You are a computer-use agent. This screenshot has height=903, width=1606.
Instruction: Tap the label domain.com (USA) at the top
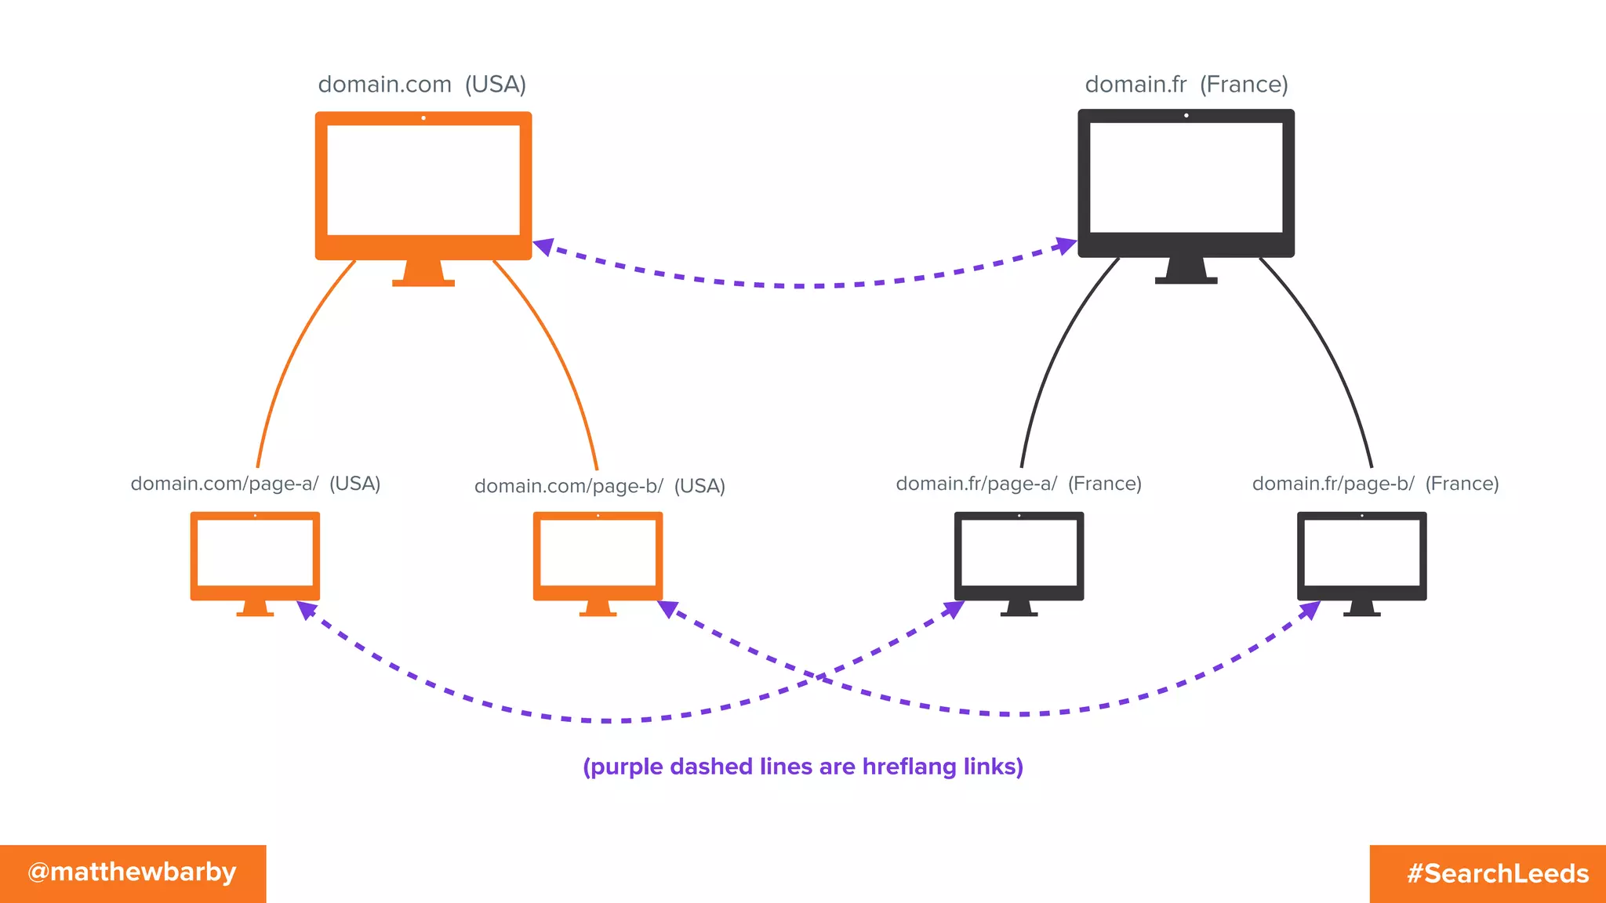click(x=422, y=85)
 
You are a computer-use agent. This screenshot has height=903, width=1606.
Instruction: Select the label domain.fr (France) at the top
click(x=1186, y=85)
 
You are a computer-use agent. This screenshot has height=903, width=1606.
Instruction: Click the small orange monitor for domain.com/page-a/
click(x=255, y=556)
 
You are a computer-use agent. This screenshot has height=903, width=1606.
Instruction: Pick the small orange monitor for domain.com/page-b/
click(x=598, y=556)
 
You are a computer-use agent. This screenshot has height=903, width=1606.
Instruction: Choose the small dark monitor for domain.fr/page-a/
click(x=1019, y=556)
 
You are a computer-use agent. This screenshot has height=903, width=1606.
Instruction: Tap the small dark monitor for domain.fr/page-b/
click(x=1361, y=556)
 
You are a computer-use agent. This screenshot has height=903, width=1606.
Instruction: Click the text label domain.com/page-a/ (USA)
click(x=255, y=484)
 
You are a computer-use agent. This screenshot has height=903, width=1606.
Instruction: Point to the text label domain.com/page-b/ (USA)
click(x=599, y=486)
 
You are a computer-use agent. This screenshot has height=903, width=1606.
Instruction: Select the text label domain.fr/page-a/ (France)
click(x=1018, y=484)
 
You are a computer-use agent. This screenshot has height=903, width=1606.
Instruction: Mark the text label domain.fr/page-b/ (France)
click(x=1375, y=484)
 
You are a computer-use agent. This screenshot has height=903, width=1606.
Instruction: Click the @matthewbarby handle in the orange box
click(x=132, y=872)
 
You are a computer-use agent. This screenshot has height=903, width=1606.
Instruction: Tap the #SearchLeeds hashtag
click(x=1497, y=873)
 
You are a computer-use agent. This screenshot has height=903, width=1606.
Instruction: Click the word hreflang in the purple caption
click(x=909, y=767)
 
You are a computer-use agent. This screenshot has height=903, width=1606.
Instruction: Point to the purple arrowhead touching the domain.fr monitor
click(x=1066, y=246)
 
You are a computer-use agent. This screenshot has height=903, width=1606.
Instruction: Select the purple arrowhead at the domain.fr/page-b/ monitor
click(x=1310, y=610)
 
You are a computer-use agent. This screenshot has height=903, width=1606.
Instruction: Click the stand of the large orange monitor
click(x=423, y=274)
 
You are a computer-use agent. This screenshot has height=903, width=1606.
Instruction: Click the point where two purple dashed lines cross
click(x=819, y=676)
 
